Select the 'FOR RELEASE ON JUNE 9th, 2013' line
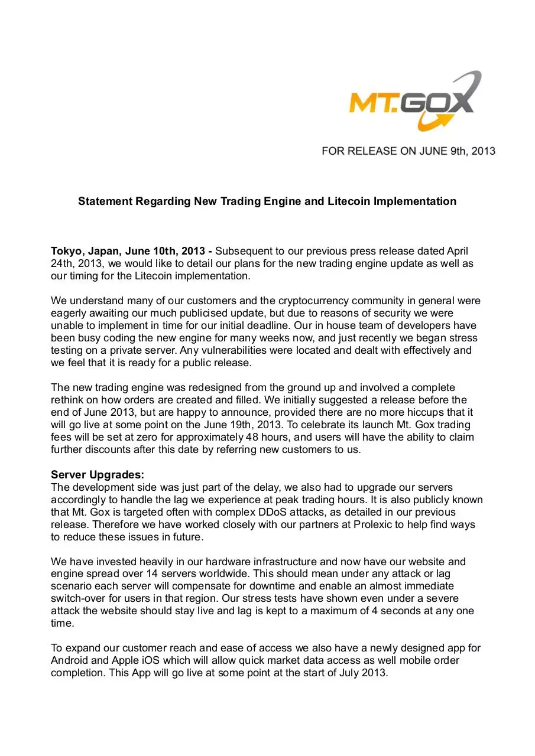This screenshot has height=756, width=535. pos(408,151)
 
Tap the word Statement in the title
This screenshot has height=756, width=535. pos(105,201)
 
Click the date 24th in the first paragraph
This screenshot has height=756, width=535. pos(61,263)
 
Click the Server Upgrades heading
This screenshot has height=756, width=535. pos(98,475)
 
